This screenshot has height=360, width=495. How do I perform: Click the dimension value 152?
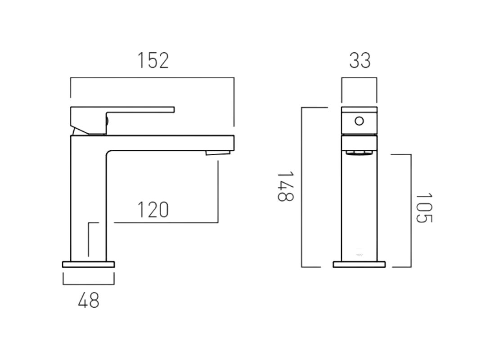pos(153,61)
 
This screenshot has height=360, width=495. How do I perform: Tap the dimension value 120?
pos(153,210)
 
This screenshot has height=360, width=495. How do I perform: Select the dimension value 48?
pos(88,301)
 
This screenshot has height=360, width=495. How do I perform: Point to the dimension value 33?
pos(360,61)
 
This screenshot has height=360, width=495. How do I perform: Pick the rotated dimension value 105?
pos(423,208)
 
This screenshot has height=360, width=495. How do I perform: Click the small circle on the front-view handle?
pos(359,121)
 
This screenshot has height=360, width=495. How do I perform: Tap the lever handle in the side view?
pos(139,109)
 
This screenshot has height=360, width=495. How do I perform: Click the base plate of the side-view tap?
pos(88,264)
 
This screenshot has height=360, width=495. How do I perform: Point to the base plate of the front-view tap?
pos(359,264)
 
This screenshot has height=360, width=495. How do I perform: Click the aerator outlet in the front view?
pos(359,153)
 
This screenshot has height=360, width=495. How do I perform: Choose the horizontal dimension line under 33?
pos(359,78)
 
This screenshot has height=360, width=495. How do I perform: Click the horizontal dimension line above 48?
pos(88,284)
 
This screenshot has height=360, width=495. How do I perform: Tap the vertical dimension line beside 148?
pos(302,187)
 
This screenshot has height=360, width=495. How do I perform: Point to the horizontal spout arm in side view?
pos(171,143)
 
